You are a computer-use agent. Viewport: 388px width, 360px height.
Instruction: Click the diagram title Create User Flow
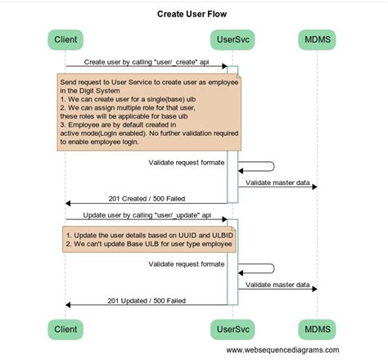[x=194, y=15]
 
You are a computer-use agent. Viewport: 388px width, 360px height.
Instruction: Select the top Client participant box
[x=65, y=39]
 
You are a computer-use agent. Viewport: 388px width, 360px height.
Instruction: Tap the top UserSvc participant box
[x=232, y=39]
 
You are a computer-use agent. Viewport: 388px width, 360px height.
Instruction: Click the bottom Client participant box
[x=65, y=328]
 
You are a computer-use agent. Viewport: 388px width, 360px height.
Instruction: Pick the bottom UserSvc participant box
[x=232, y=328]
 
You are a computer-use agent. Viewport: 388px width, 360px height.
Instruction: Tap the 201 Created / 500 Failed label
[x=146, y=198]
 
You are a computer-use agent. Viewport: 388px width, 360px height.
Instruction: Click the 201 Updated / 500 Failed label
[x=146, y=300]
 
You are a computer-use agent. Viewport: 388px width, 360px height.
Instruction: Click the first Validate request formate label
[x=187, y=162]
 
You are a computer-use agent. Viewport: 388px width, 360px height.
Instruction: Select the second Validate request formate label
[x=187, y=264]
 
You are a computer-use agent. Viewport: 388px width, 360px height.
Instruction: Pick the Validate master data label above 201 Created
[x=277, y=182]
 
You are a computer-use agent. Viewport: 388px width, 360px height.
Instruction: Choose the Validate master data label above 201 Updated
[x=277, y=285]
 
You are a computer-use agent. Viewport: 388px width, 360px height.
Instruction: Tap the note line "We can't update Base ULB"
[x=144, y=244]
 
